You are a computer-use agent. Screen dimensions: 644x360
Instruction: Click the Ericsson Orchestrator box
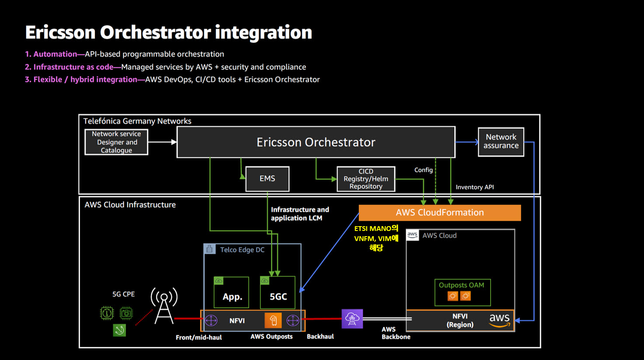pyautogui.click(x=316, y=142)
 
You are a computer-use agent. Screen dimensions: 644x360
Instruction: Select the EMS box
pyautogui.click(x=268, y=178)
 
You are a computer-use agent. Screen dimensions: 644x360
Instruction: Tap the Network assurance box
pyautogui.click(x=501, y=142)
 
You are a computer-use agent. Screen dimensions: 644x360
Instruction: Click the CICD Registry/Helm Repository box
pyautogui.click(x=366, y=179)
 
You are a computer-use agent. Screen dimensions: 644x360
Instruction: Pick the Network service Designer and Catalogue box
pyautogui.click(x=116, y=142)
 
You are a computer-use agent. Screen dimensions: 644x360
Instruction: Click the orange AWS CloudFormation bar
pyautogui.click(x=439, y=213)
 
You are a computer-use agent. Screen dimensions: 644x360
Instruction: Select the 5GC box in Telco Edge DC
pyautogui.click(x=278, y=293)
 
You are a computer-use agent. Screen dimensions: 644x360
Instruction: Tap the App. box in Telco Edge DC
pyautogui.click(x=231, y=293)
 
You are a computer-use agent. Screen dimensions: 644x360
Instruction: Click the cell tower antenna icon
pyautogui.click(x=164, y=306)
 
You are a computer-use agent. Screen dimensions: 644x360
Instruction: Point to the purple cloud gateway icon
pyautogui.click(x=352, y=318)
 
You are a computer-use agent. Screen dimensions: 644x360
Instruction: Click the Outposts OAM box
pyautogui.click(x=463, y=293)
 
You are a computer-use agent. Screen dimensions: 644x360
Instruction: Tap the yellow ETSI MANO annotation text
pyautogui.click(x=376, y=238)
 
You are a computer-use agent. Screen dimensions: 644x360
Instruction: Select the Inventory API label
pyautogui.click(x=475, y=187)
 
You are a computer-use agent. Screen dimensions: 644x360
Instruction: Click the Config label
pyautogui.click(x=423, y=170)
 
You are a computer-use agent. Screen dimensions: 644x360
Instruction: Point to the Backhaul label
pyautogui.click(x=320, y=336)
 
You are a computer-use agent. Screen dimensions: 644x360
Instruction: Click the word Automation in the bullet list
pyautogui.click(x=55, y=54)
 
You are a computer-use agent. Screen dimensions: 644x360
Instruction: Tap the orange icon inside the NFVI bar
pyautogui.click(x=273, y=320)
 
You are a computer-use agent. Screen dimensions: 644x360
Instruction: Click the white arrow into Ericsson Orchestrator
pyautogui.click(x=163, y=142)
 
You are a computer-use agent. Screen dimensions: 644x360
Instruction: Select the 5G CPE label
pyautogui.click(x=123, y=294)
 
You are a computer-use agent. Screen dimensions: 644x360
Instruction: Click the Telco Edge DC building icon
pyautogui.click(x=209, y=249)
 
